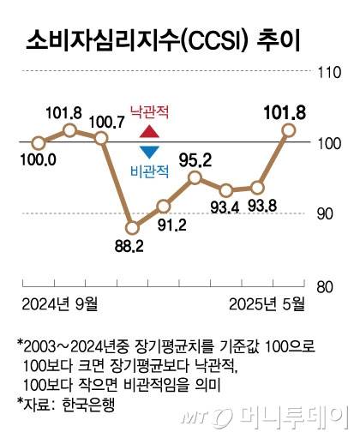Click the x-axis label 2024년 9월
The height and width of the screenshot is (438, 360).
click(59, 303)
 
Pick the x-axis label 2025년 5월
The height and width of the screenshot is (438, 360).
click(267, 303)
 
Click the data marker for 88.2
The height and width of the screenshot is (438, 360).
click(132, 228)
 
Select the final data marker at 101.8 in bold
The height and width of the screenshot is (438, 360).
click(289, 129)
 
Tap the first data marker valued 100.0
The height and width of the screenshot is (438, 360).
click(38, 142)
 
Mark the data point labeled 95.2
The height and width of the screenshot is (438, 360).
click(195, 177)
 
